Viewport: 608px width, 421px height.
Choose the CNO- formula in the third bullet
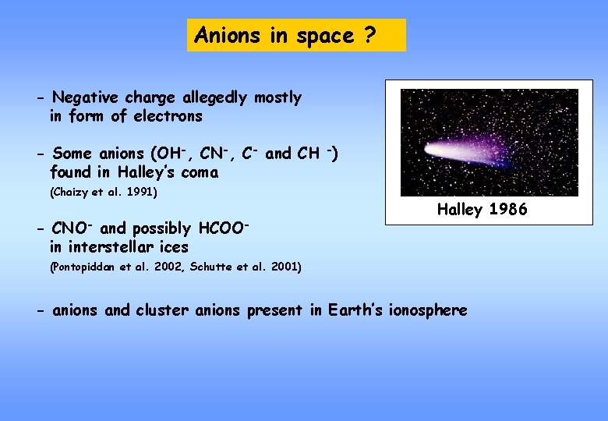(x=72, y=228)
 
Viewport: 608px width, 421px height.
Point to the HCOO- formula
(x=224, y=228)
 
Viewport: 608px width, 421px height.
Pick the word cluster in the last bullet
(x=162, y=310)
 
